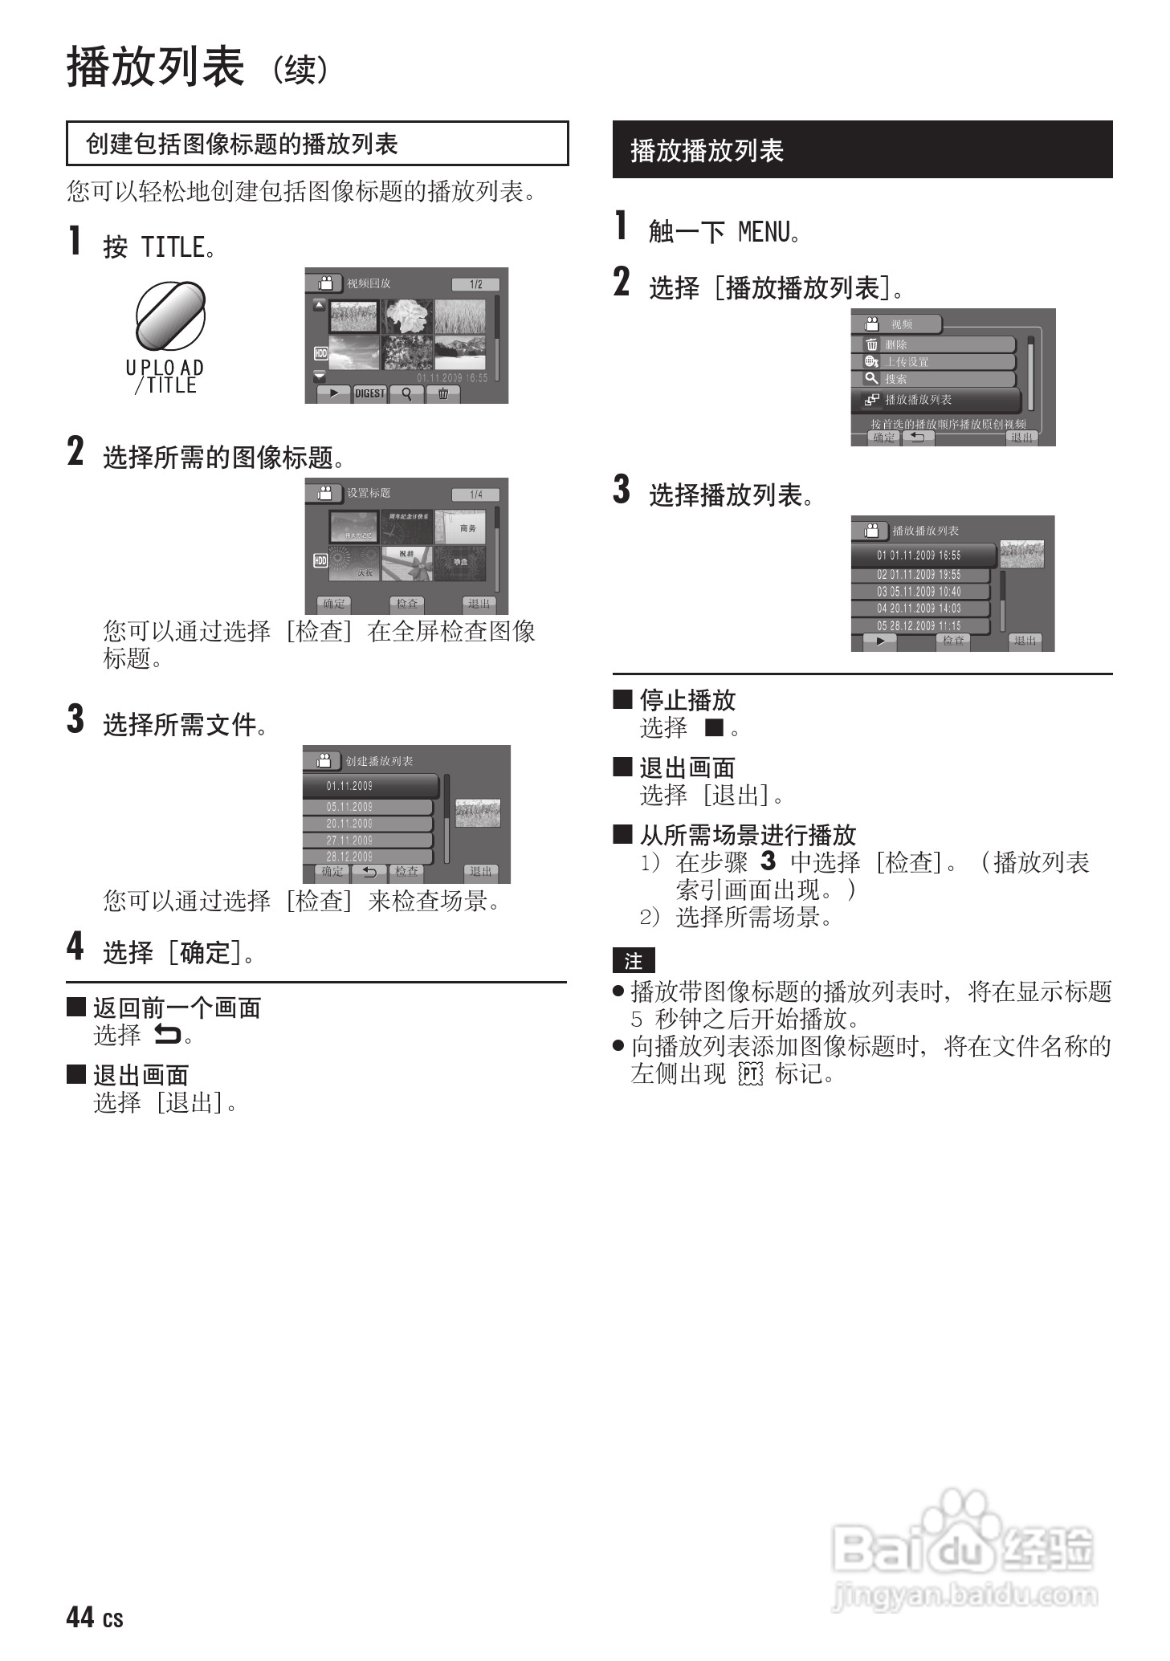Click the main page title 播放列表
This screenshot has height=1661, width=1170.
tap(155, 67)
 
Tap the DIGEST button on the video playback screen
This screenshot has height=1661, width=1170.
tap(369, 393)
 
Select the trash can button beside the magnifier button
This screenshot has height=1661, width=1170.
tap(442, 393)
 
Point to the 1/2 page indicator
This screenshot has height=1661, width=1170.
tap(475, 284)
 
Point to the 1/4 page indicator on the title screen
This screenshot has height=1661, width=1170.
tap(475, 495)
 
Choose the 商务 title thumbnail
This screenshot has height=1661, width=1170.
tap(460, 527)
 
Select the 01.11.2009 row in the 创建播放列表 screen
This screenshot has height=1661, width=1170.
tap(370, 786)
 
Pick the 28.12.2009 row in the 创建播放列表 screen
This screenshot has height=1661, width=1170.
tap(367, 857)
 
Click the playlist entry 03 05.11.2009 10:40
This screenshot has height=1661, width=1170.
tap(920, 592)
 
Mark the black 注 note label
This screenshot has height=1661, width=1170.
tap(634, 961)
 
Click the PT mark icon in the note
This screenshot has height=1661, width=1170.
tap(749, 1074)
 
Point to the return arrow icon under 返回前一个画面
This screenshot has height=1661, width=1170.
tap(168, 1036)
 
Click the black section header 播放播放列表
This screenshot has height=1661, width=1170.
tap(862, 150)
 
